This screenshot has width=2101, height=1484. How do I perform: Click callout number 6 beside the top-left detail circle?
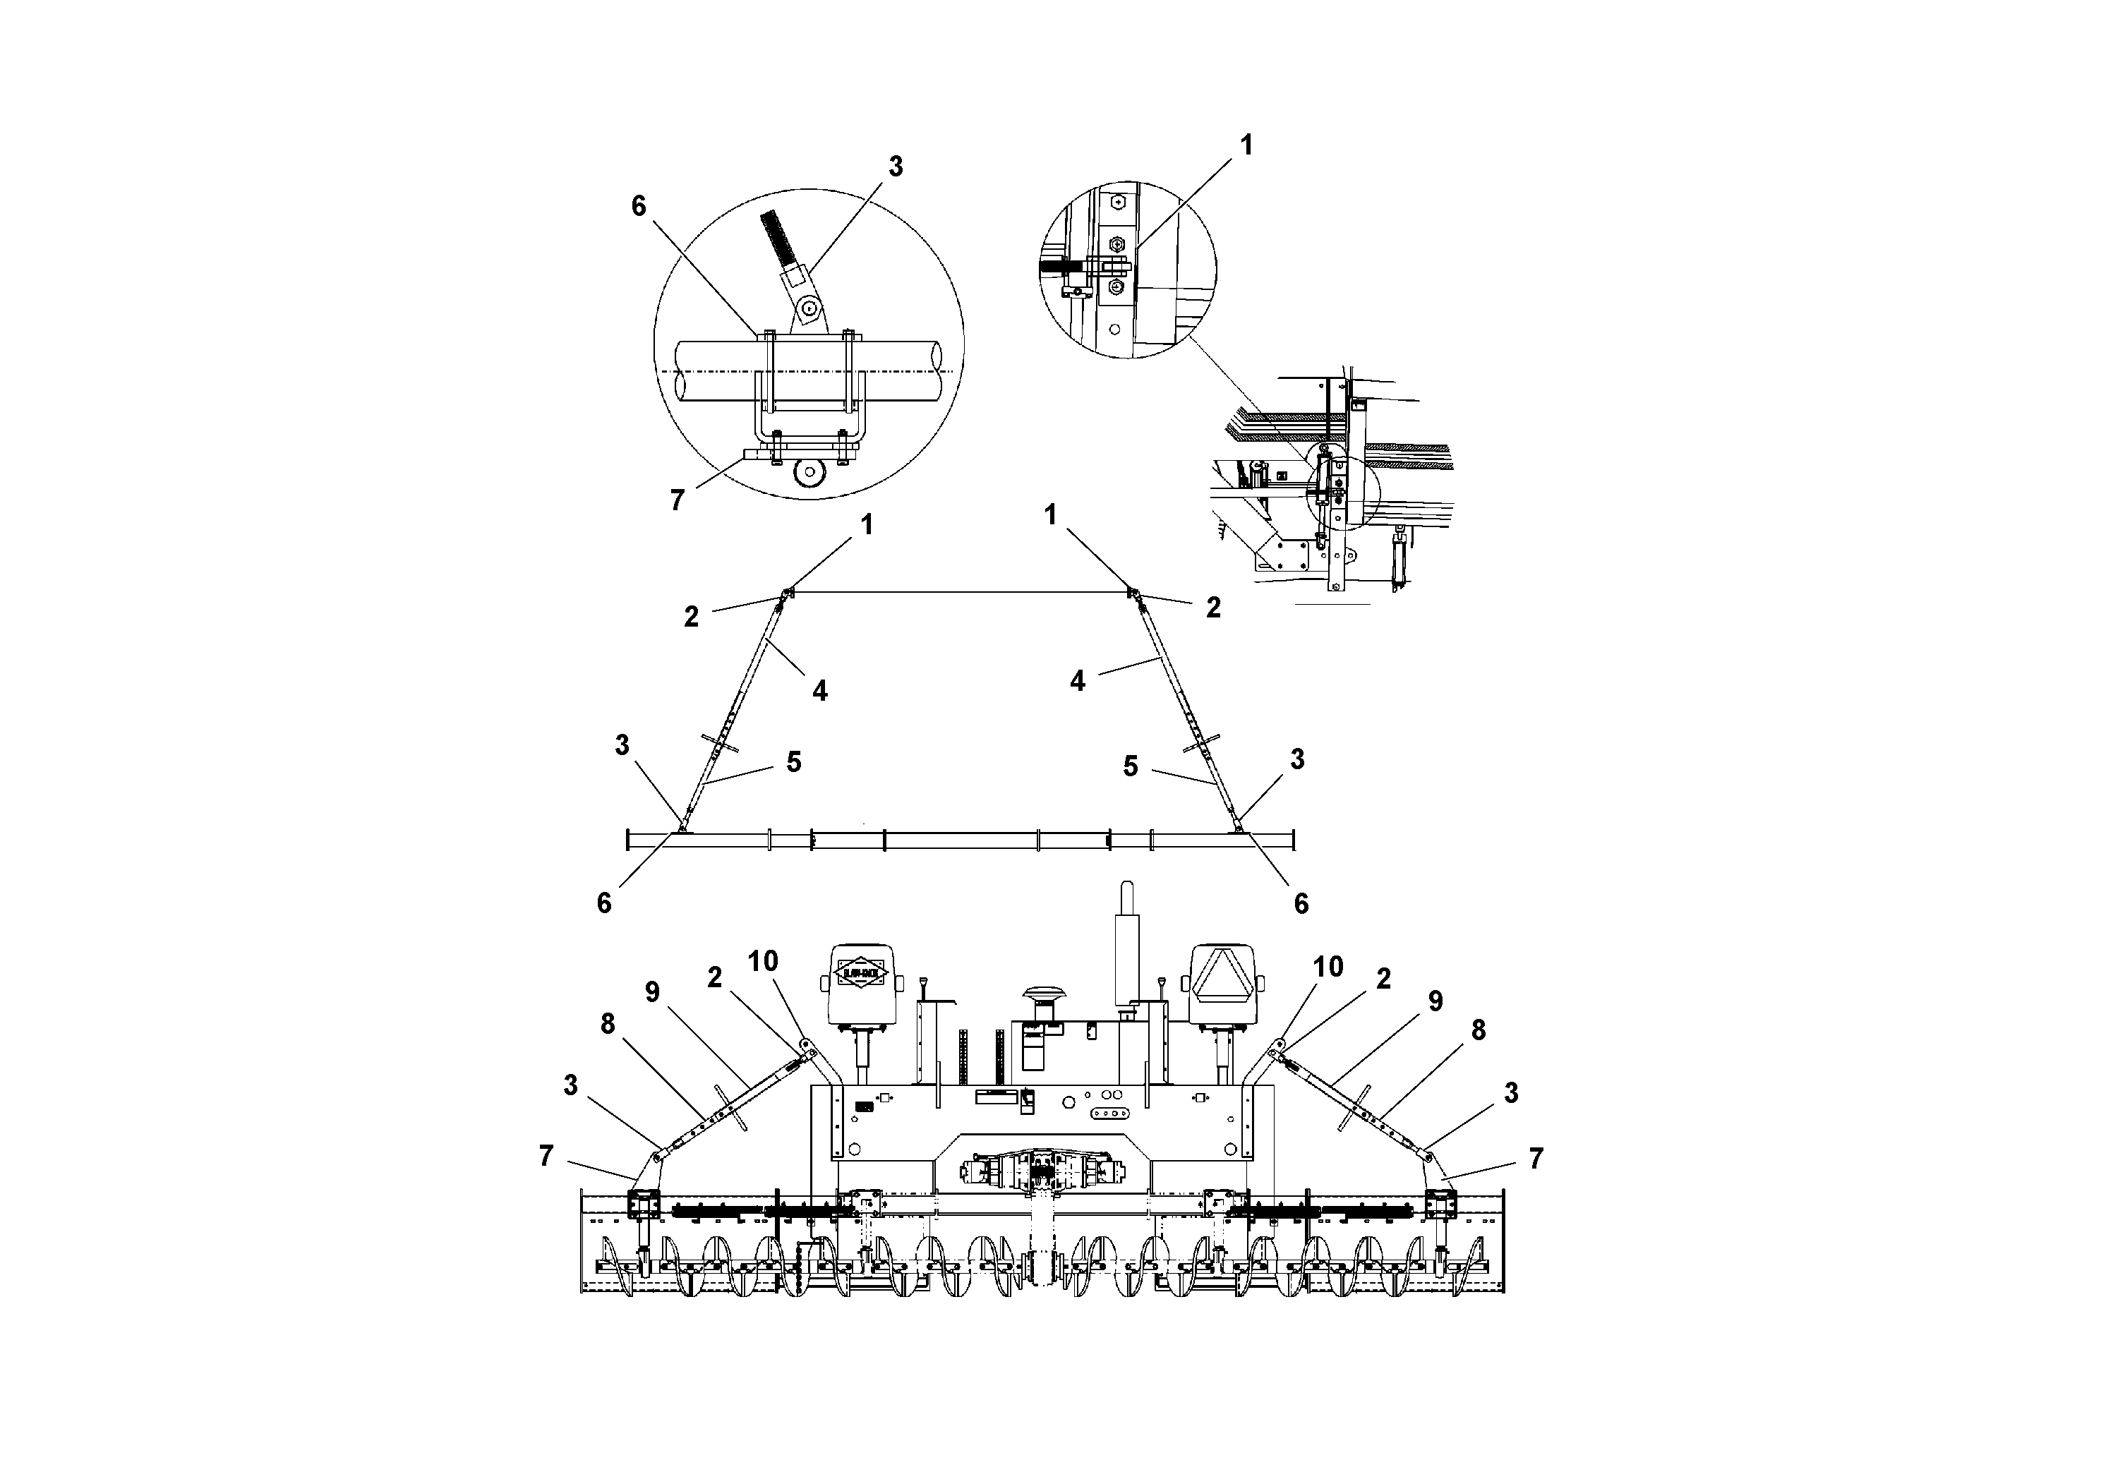click(639, 206)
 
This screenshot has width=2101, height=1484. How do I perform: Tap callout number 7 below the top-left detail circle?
click(677, 500)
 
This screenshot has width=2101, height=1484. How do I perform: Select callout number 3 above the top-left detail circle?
click(895, 167)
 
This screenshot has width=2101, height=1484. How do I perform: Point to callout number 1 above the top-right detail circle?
click(1246, 145)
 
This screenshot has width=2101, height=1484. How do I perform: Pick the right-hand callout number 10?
click(1328, 966)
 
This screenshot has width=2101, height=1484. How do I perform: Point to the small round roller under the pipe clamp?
click(809, 472)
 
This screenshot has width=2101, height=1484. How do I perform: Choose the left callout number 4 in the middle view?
click(820, 691)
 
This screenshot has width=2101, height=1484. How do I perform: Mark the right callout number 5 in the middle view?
click(1131, 767)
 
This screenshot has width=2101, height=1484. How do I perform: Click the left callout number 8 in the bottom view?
click(608, 1025)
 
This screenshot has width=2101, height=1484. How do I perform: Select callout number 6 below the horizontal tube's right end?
click(1300, 904)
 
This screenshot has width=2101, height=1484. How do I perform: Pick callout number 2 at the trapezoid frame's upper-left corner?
click(692, 616)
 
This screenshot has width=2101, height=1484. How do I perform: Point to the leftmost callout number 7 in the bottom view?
click(546, 1157)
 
